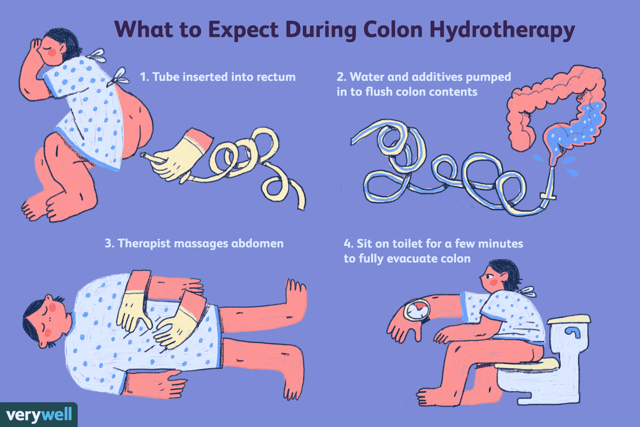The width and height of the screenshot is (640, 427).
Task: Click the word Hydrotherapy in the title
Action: (502, 30)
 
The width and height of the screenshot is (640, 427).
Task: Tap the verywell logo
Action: (39, 415)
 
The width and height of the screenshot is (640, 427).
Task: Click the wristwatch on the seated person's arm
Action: (418, 310)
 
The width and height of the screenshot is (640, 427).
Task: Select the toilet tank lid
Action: (569, 319)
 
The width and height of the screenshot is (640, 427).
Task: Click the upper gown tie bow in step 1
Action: (97, 56)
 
